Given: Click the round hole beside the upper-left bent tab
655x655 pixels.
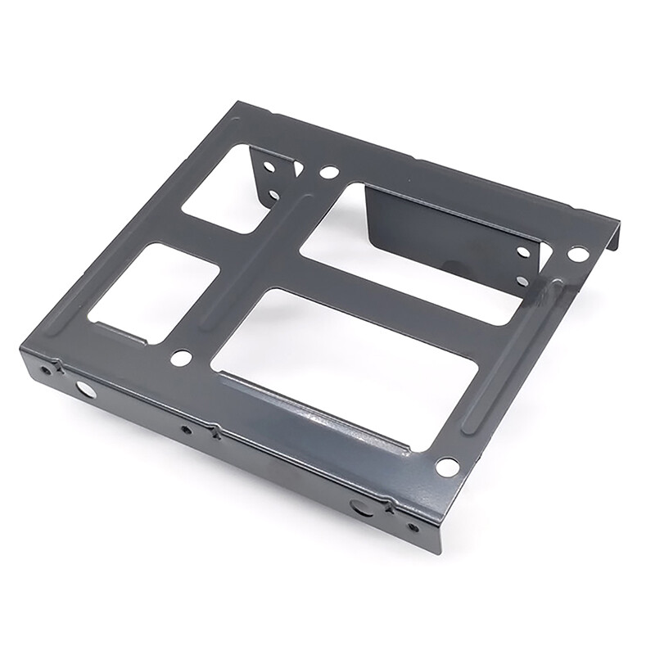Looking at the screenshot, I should coord(328,173).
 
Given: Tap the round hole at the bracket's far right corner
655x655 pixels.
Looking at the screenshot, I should coord(578,255).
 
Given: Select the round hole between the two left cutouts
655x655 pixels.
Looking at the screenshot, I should coord(182,357).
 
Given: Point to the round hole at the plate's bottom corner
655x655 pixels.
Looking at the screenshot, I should coord(447,466).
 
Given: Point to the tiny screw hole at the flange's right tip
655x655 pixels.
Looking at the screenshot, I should coord(412,526).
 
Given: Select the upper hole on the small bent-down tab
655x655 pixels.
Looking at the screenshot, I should coord(269,166).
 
